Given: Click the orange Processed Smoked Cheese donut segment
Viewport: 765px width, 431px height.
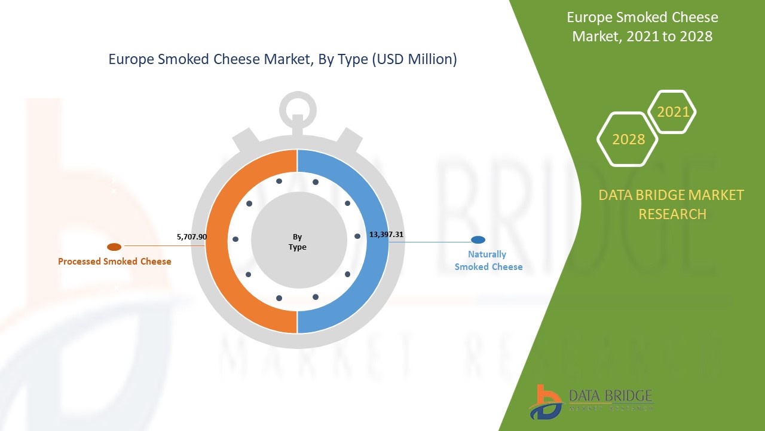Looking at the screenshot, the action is [x=216, y=241].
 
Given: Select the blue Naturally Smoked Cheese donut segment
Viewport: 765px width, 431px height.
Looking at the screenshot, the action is [x=377, y=241].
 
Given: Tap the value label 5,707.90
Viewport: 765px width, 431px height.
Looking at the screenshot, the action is [x=192, y=236].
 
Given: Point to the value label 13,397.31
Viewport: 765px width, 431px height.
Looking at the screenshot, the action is [x=386, y=234].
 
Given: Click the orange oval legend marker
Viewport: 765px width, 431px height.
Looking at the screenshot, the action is [x=114, y=247].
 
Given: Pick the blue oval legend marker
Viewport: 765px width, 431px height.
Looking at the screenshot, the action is [x=478, y=240].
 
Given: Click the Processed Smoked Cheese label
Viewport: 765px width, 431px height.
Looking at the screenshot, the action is [x=114, y=262].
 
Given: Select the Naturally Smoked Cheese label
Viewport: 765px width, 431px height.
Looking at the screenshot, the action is [x=488, y=260].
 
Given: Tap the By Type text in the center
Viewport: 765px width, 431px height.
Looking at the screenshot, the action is [x=297, y=242].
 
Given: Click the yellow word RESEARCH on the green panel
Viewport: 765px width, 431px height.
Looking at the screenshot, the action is [x=672, y=214].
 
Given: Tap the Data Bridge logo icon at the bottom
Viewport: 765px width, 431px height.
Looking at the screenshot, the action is [x=545, y=403].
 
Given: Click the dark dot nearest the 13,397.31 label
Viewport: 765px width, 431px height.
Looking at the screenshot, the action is [x=357, y=236].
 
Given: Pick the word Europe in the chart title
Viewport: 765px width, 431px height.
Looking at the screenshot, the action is [x=130, y=59].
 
